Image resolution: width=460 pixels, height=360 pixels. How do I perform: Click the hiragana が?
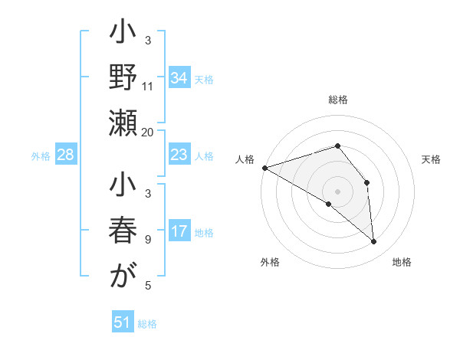point(123,277)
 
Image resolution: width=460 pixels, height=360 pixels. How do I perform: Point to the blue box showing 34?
point(179,78)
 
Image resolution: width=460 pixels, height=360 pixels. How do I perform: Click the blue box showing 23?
point(179,155)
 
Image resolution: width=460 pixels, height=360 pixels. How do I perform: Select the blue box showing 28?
point(66,155)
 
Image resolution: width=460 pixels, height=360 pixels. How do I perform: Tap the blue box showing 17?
point(179,232)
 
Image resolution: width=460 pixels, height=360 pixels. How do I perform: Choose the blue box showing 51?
point(123,323)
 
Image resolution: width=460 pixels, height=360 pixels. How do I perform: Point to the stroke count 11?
point(148,86)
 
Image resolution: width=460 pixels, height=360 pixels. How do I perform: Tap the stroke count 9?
point(148,239)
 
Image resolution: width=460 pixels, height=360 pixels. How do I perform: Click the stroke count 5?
point(148,286)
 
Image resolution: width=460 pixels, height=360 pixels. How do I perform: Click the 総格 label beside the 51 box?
point(147,324)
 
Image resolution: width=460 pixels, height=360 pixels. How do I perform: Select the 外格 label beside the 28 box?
point(41,156)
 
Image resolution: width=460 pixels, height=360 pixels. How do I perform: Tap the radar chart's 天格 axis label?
point(431,159)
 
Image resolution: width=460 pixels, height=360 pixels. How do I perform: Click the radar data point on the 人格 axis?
point(264,167)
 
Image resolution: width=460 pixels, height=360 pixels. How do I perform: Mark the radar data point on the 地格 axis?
point(374,241)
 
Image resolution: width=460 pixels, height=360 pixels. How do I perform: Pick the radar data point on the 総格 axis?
point(337,146)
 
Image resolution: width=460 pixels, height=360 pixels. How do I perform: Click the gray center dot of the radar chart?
point(337,191)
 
